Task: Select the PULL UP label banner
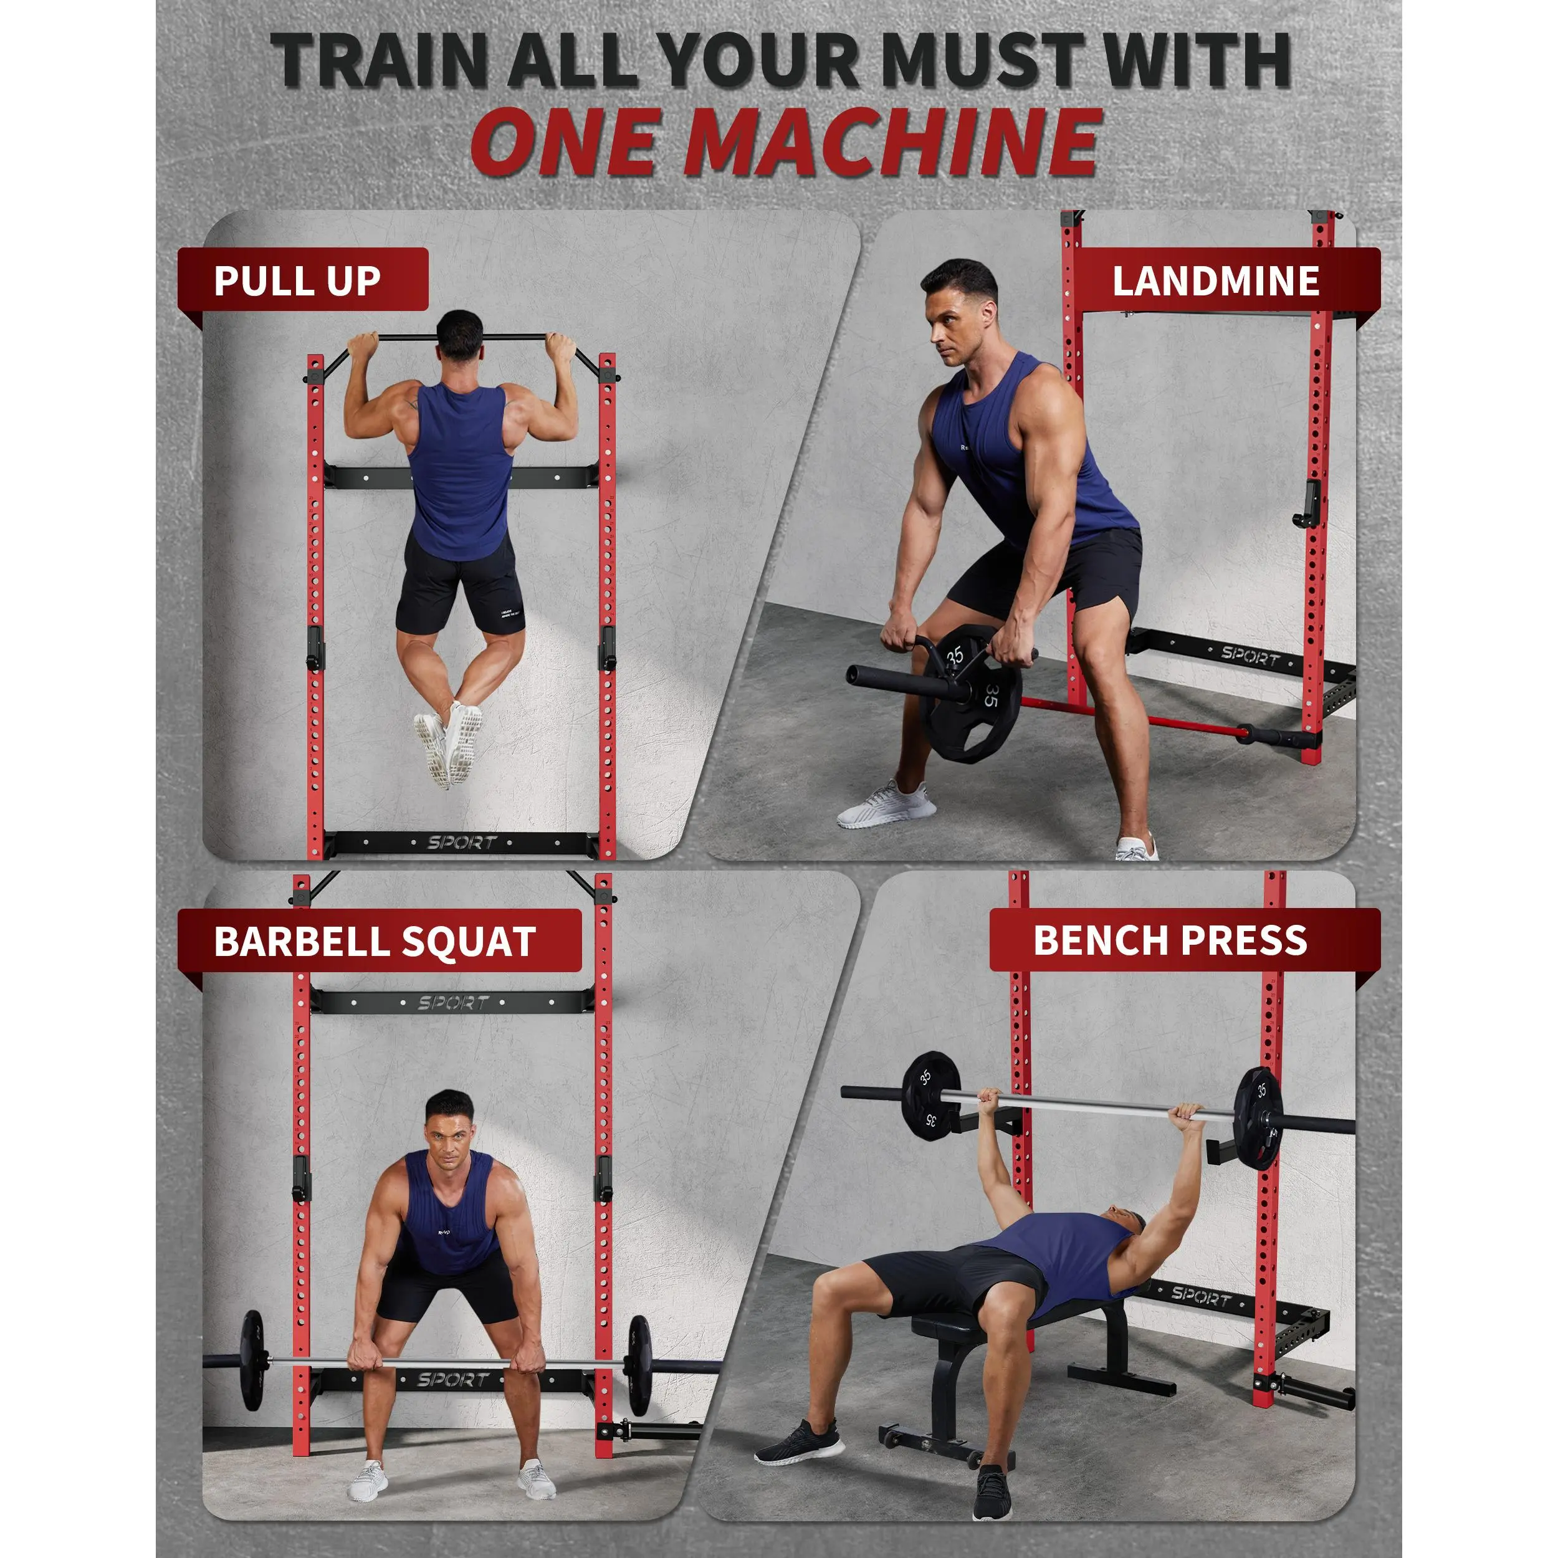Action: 302,279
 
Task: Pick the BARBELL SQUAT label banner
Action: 379,940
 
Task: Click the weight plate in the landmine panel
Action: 970,692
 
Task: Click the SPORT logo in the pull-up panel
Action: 462,843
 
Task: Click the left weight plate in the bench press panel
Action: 932,1097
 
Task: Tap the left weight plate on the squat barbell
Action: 252,1360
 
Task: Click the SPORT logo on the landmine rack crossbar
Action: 1250,656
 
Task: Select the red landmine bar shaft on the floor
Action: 1129,716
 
